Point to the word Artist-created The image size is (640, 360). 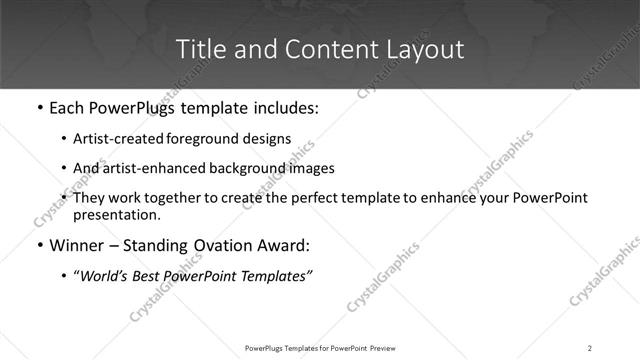[113, 138]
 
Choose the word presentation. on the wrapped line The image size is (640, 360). [116, 214]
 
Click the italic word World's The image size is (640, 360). [103, 275]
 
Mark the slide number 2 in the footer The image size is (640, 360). [590, 348]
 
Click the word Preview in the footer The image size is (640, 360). [383, 348]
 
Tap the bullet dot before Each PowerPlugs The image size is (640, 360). [39, 106]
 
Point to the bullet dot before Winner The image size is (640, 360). [39, 244]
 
